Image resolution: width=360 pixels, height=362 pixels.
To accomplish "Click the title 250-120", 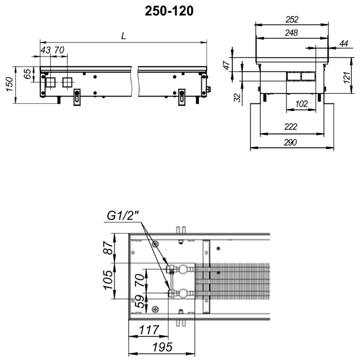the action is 169,11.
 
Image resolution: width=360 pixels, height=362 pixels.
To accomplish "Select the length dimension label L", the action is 123,36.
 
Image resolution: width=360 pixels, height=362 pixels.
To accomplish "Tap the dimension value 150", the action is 9,84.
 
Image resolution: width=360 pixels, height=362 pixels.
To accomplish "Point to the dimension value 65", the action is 27,74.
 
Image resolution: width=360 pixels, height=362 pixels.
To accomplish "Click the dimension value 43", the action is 45,50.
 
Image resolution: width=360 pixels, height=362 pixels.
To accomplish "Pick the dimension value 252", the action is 292,20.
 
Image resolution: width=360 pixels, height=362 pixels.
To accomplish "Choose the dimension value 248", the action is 291,33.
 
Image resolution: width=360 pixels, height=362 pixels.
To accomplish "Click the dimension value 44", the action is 344,43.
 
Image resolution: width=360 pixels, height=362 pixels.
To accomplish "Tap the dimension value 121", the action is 347,78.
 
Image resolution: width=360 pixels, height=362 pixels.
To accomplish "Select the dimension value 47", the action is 227,65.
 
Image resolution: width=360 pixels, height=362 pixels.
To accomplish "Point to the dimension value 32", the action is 237,98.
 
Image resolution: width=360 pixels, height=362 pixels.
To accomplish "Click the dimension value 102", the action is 301,104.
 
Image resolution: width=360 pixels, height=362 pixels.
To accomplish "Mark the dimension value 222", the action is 291,127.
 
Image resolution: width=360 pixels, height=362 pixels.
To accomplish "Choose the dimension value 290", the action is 290,143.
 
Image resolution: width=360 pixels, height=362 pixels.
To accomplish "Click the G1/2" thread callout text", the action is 122,216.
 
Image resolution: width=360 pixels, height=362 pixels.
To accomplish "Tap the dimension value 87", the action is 108,248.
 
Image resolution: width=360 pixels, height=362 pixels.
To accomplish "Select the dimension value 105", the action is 108,280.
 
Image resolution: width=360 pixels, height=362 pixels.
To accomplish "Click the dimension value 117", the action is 149,330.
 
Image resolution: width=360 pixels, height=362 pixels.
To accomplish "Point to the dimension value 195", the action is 162,347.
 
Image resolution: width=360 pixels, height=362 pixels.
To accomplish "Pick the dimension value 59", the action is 140,301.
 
